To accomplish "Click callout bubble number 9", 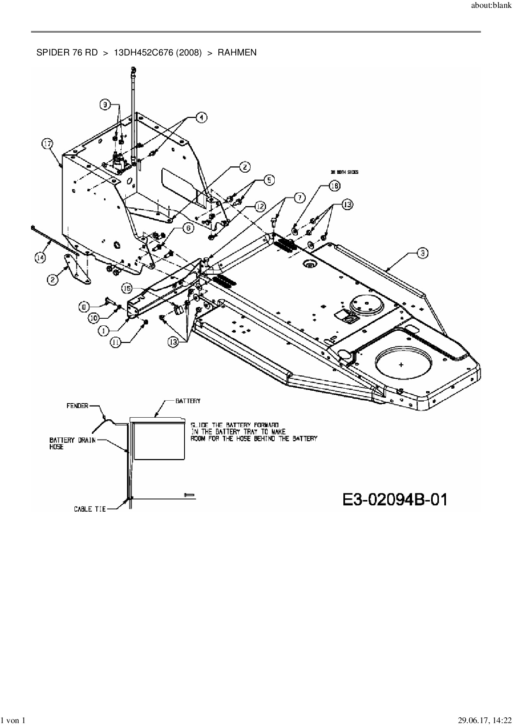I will tap(105, 105).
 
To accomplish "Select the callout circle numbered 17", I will tap(48, 144).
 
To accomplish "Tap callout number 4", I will tap(201, 117).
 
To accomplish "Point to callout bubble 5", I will tap(269, 180).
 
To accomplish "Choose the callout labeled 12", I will tap(259, 206).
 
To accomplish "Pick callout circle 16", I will tap(334, 186).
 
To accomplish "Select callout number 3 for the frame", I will tap(422, 253).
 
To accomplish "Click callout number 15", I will tap(127, 288).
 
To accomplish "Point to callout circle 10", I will tap(93, 318).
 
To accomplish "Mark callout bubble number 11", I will tap(116, 341).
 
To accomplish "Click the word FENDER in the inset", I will tap(77, 406).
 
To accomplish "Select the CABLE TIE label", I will tap(90, 509).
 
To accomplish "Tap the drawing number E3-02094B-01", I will tap(395, 500).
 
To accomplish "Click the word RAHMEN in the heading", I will tap(237, 53).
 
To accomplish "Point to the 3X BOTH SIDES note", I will tap(344, 172).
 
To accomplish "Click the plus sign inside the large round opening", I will tap(401, 365).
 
